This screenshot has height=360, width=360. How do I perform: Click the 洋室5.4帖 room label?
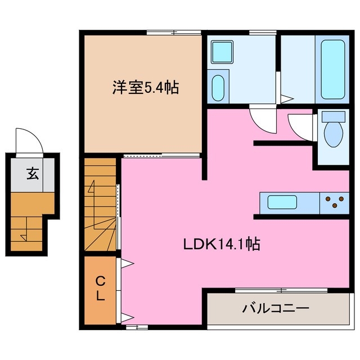pyautogui.click(x=143, y=88)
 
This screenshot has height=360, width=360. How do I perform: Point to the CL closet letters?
pyautogui.click(x=100, y=288)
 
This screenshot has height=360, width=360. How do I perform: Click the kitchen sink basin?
pyautogui.click(x=286, y=202)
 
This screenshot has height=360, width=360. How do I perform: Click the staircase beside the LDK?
pyautogui.click(x=101, y=205)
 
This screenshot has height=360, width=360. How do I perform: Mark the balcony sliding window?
pyautogui.click(x=281, y=290)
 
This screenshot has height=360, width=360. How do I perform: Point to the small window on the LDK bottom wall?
pyautogui.click(x=133, y=326)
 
